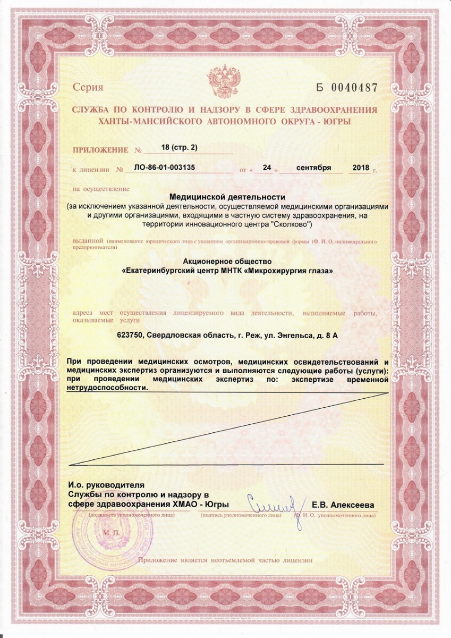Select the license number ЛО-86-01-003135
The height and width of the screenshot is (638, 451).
(165, 167)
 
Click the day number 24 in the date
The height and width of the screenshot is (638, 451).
(263, 168)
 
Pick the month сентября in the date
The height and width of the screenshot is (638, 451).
(312, 168)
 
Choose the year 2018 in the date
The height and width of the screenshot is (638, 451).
(361, 168)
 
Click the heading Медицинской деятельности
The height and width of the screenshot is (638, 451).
(227, 197)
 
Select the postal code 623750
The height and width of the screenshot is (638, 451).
(130, 335)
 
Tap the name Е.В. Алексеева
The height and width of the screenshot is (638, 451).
(343, 505)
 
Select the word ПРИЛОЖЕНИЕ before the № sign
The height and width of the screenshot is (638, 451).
(100, 150)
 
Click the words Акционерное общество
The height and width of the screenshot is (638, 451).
(227, 262)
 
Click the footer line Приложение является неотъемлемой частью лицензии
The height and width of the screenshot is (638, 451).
(225, 560)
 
